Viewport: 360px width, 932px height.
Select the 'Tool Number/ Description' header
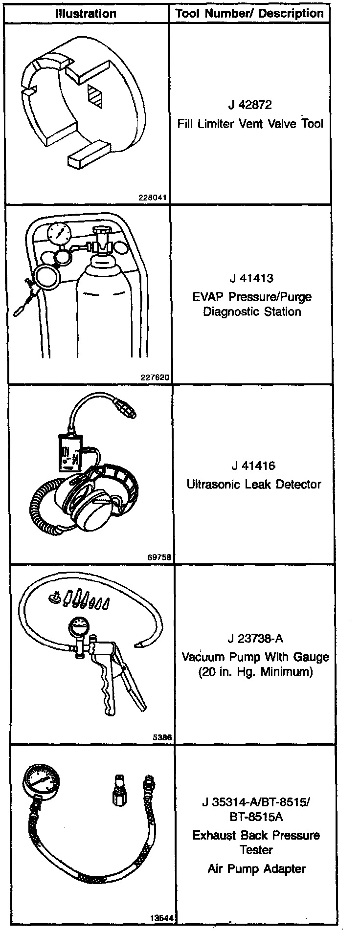249,13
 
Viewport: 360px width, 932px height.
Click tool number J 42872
249,105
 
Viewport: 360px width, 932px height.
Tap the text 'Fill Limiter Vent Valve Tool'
250,123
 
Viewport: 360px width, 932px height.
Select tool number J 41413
251,278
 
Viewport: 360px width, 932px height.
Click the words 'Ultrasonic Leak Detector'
254,484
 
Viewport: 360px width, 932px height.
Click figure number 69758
160,557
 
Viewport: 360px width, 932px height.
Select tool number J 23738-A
255,639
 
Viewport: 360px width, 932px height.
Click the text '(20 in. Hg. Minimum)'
255,672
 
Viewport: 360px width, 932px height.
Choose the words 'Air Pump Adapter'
256,869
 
